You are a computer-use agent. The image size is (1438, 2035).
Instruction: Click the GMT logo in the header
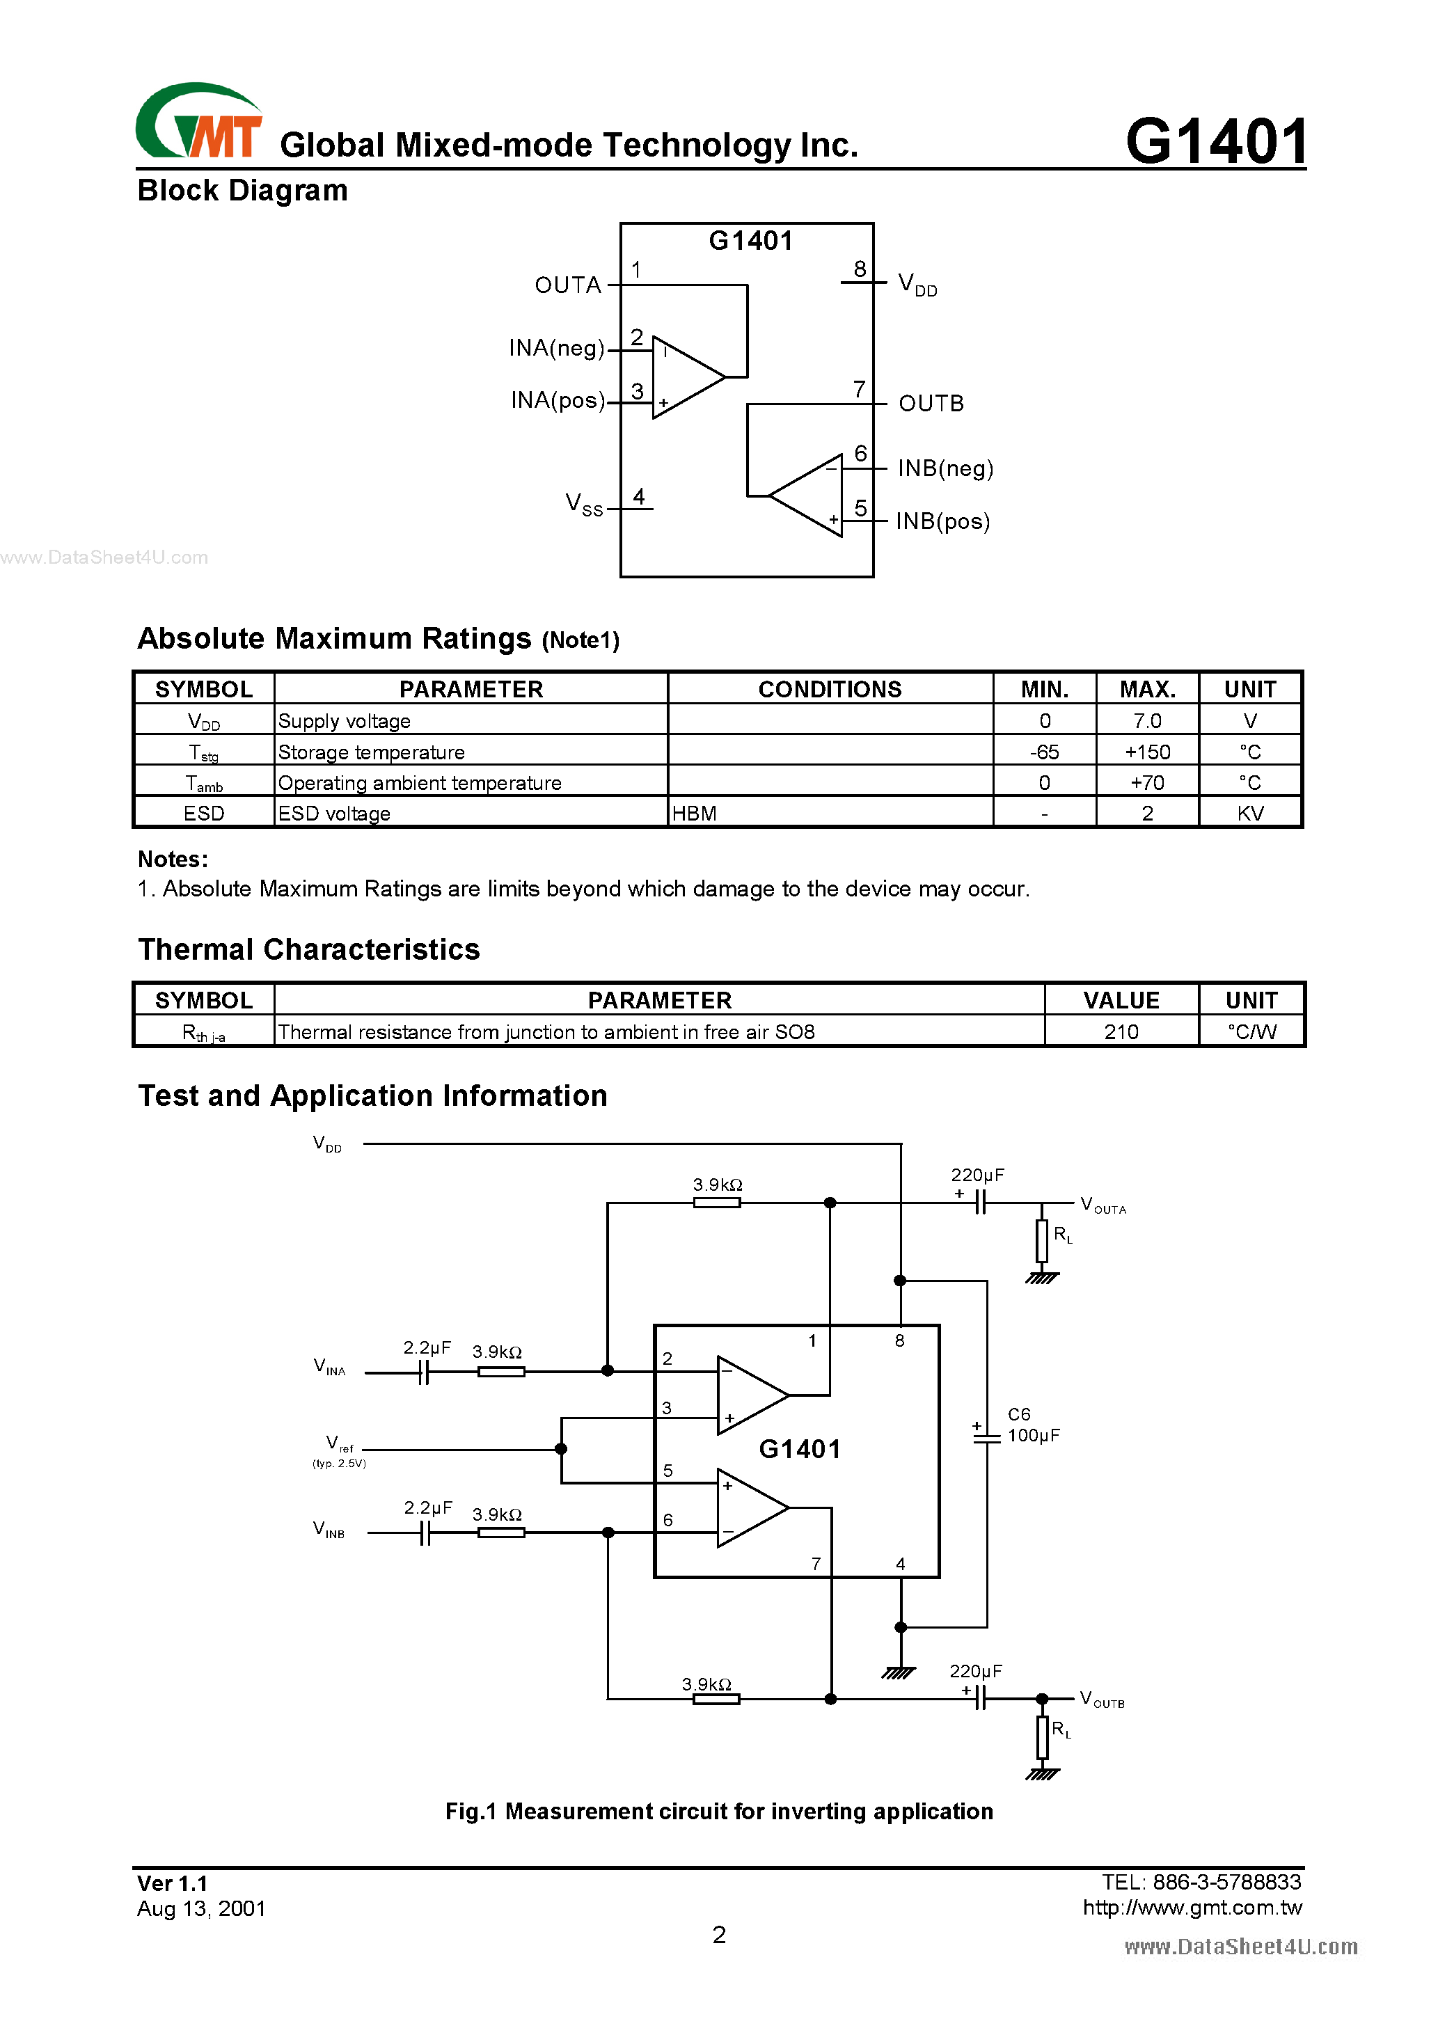click(198, 122)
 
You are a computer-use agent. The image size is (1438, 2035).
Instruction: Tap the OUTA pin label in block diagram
click(567, 285)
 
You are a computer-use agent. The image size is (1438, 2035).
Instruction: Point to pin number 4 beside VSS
click(638, 496)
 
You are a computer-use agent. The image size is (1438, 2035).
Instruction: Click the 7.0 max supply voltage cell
click(1146, 720)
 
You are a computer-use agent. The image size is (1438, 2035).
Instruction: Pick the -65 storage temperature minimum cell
click(1043, 752)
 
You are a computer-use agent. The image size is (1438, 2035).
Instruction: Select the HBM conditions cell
click(694, 813)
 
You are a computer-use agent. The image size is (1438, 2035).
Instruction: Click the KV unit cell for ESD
click(1249, 813)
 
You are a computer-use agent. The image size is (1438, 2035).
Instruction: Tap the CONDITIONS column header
click(829, 689)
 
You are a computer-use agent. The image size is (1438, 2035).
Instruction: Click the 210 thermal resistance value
click(1121, 1031)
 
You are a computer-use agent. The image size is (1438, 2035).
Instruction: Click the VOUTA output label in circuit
click(1102, 1205)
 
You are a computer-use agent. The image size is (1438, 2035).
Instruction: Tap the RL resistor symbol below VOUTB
click(1043, 1737)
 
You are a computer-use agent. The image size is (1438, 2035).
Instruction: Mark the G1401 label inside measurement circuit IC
click(799, 1449)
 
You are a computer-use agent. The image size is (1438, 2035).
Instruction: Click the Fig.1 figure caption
click(718, 1811)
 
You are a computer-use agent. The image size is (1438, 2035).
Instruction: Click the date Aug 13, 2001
click(201, 1908)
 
